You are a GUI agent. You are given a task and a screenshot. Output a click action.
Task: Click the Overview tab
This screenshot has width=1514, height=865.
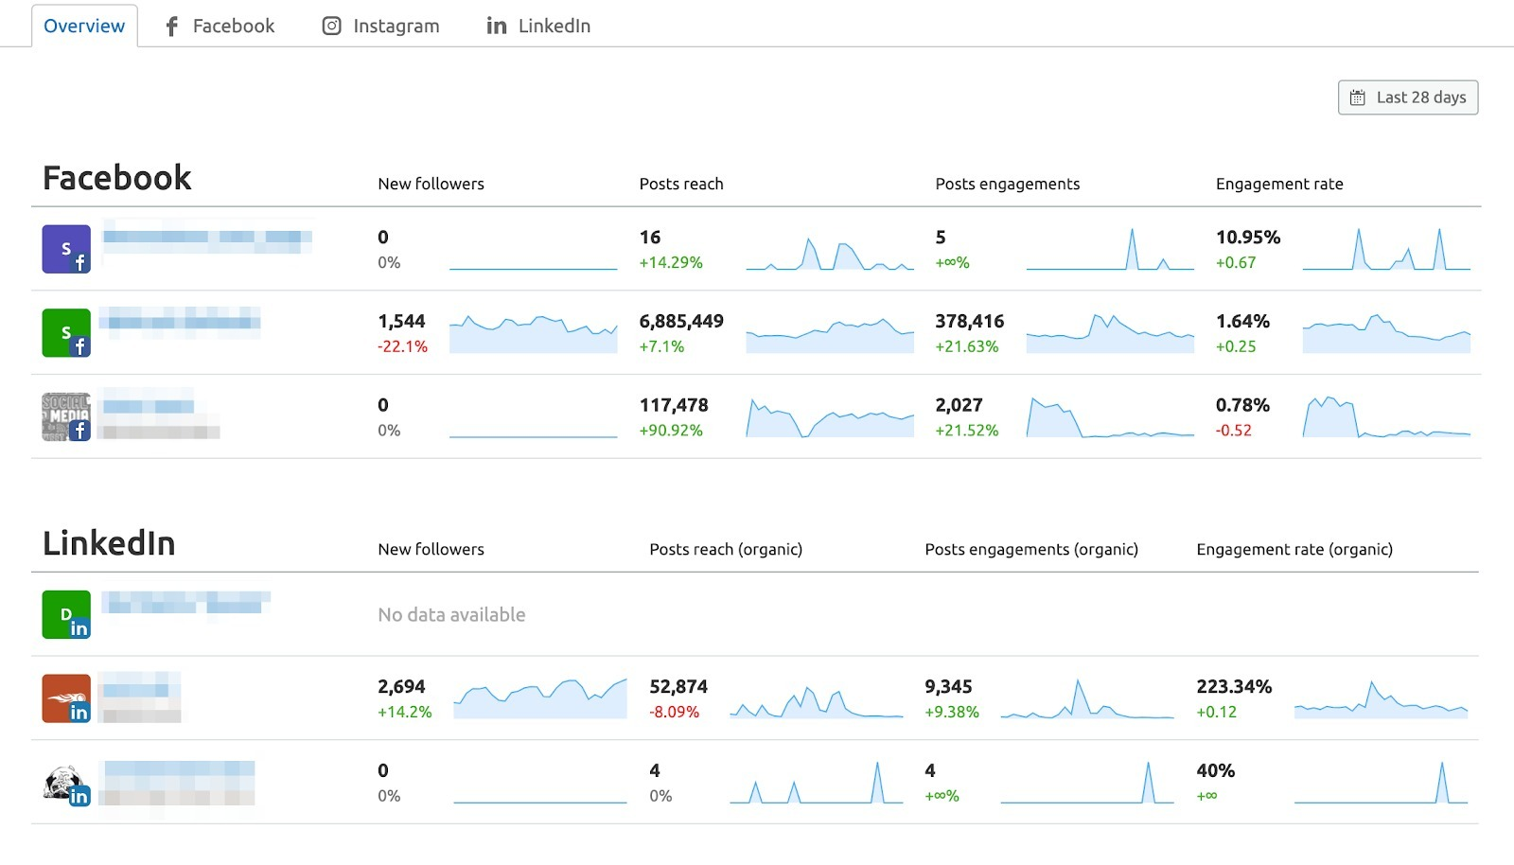(x=84, y=26)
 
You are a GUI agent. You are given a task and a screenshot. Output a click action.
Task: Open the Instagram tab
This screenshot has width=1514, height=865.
(x=380, y=26)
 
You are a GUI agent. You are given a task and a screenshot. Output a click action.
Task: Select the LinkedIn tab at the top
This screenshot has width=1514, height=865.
(x=537, y=26)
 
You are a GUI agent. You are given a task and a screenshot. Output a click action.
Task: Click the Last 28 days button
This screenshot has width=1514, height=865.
(x=1408, y=97)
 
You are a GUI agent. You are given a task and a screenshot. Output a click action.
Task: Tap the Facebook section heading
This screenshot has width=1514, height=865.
(x=117, y=178)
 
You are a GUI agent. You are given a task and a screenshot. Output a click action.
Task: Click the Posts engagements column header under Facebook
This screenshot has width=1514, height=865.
(x=1007, y=184)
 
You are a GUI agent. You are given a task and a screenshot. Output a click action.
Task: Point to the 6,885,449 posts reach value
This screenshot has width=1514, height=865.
(x=681, y=321)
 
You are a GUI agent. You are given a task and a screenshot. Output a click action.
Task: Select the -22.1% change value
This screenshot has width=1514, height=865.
(x=402, y=346)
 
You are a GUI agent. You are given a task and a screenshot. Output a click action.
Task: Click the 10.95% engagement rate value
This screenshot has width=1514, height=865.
(x=1247, y=238)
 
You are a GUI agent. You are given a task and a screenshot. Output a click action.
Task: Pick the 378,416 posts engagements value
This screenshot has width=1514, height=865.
(x=969, y=321)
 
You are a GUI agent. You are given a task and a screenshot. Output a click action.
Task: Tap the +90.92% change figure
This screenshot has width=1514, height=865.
(x=671, y=431)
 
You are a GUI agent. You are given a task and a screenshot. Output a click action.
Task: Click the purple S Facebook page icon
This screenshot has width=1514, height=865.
(x=66, y=249)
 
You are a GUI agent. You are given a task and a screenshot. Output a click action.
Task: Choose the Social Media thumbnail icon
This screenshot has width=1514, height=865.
(x=66, y=416)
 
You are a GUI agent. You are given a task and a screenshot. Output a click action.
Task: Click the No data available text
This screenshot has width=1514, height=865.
(x=451, y=615)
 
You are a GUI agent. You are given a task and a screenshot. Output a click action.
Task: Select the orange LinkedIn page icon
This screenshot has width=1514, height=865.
(x=66, y=698)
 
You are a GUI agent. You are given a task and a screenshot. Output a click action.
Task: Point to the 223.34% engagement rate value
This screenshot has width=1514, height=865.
(x=1234, y=686)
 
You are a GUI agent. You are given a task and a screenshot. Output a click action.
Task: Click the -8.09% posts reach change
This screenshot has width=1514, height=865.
(x=674, y=712)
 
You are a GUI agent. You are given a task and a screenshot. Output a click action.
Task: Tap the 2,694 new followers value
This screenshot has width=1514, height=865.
(x=401, y=686)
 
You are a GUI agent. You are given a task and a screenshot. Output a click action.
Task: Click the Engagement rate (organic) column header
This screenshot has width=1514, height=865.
(x=1294, y=549)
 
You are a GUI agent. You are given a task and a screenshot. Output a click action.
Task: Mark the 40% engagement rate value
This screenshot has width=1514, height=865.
(x=1215, y=770)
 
